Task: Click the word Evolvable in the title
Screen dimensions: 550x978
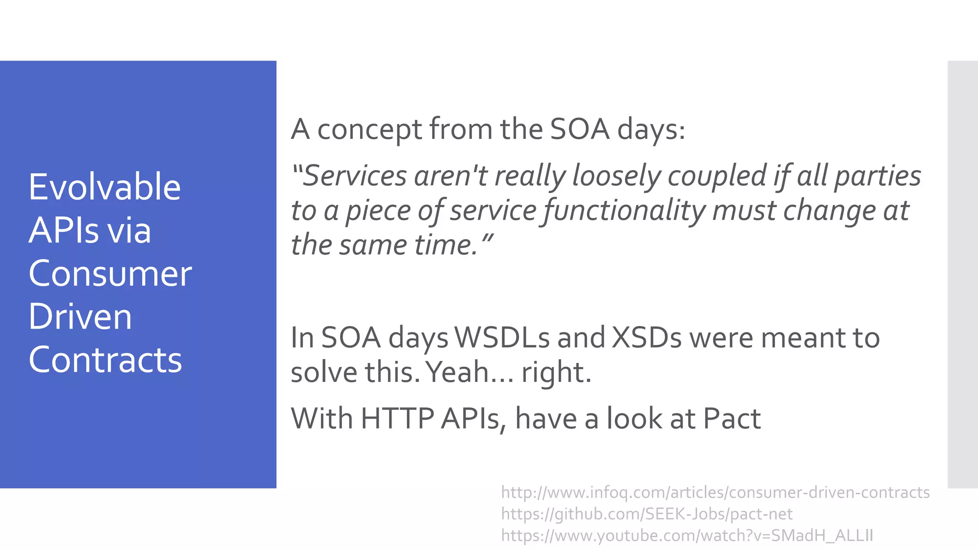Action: [x=105, y=187]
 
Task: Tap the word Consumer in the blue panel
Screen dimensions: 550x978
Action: [x=110, y=274]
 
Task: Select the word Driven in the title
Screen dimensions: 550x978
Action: [x=80, y=317]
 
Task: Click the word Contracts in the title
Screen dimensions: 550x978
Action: [x=106, y=360]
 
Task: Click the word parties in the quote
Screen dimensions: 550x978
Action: [x=877, y=176]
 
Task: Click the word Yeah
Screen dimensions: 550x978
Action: [x=457, y=372]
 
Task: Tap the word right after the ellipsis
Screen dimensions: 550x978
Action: [x=556, y=373]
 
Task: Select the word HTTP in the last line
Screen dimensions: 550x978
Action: [x=397, y=419]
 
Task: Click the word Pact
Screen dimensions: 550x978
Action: [x=732, y=419]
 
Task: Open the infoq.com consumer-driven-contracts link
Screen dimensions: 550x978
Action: [x=715, y=492]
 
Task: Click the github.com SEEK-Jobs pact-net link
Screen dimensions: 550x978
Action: [x=647, y=514]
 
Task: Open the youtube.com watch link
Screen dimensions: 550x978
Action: [x=687, y=535]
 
